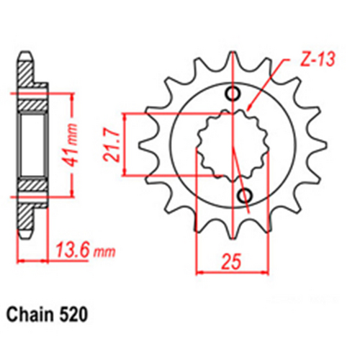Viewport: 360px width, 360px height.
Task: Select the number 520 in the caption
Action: click(x=76, y=315)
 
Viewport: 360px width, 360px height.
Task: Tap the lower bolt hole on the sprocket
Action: click(x=245, y=195)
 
